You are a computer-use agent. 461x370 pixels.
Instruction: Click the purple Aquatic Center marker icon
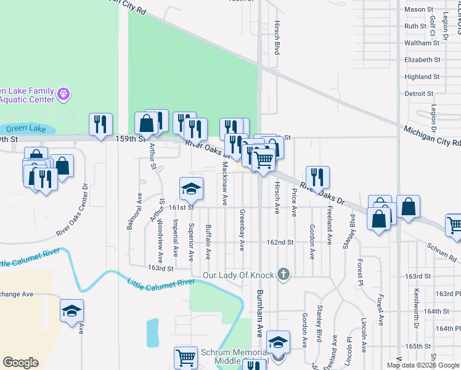[x=63, y=94]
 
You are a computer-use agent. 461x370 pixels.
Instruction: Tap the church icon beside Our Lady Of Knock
[x=283, y=274]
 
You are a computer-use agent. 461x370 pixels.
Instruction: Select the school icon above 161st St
[x=191, y=188]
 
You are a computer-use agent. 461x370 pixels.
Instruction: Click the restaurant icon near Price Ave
[x=317, y=177]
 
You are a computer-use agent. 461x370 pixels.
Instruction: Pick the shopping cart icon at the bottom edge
[x=186, y=358]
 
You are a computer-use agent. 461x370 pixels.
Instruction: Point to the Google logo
[x=20, y=363]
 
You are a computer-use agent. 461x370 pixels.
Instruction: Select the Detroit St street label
[x=419, y=94]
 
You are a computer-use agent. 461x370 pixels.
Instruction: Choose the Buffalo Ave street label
[x=208, y=242]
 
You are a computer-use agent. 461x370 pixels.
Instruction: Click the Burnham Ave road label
[x=260, y=313]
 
